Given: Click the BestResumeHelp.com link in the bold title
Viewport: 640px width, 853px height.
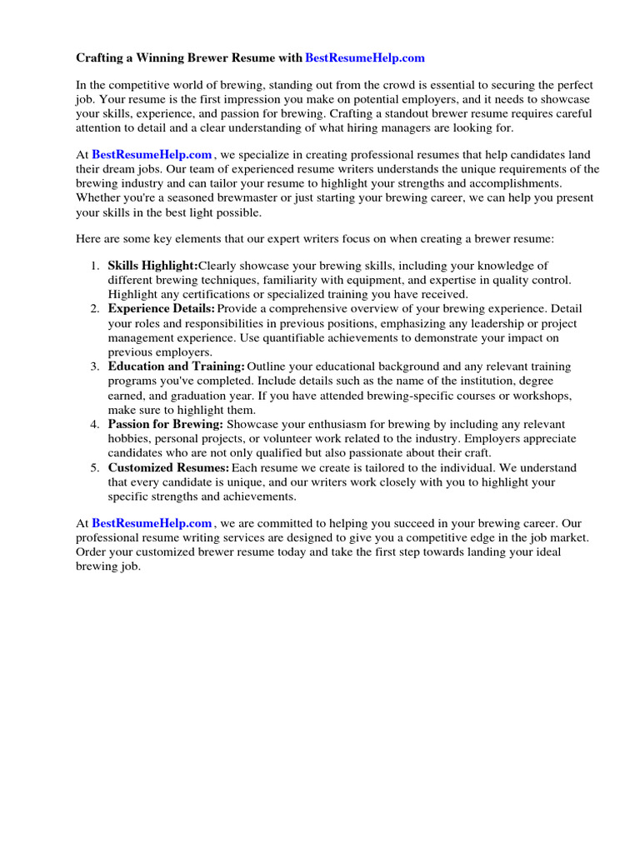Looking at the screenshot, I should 365,58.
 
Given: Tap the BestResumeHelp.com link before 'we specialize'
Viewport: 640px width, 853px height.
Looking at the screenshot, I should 152,154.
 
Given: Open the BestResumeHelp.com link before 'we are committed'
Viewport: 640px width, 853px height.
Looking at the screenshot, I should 152,523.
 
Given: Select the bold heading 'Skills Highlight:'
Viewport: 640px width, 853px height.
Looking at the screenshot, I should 152,265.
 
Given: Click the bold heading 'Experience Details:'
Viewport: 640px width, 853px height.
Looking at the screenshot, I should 162,308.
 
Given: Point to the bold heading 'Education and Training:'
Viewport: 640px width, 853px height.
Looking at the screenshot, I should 176,367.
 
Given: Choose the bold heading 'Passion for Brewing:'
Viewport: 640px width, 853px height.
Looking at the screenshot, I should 165,424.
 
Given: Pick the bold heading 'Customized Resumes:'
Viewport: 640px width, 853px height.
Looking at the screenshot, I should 168,467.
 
